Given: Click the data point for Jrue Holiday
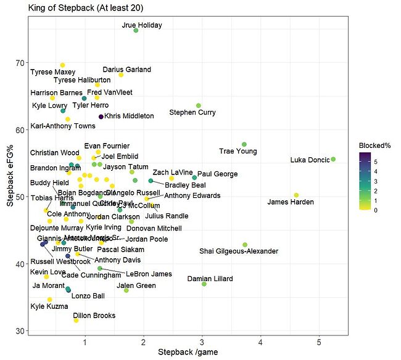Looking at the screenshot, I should tap(136, 30).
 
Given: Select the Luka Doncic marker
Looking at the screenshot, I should tap(333, 159).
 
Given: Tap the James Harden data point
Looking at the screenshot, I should tap(296, 195).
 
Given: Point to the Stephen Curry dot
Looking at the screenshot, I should tap(198, 105).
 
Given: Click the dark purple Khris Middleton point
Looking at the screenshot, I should tap(101, 117).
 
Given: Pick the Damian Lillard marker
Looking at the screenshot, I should tap(204, 284).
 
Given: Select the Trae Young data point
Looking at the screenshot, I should tap(244, 144).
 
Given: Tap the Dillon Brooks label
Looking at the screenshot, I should tap(96, 316).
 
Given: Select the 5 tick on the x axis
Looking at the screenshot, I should tap(319, 341).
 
